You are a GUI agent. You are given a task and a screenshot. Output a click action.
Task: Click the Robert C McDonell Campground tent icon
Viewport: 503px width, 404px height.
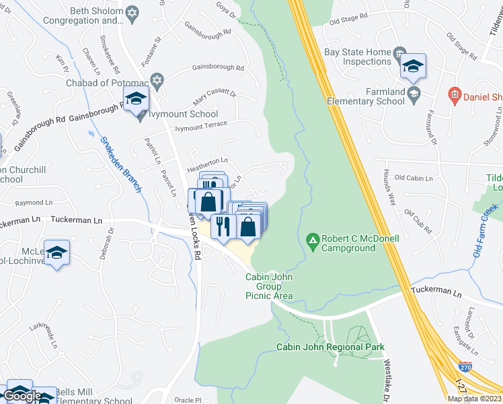[x=312, y=239]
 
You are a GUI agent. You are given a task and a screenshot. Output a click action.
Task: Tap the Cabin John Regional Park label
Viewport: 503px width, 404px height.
[x=330, y=347]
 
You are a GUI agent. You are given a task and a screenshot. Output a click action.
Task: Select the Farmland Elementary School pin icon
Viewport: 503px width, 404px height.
[x=413, y=92]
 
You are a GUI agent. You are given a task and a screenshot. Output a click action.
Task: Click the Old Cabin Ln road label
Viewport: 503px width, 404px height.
[x=414, y=178]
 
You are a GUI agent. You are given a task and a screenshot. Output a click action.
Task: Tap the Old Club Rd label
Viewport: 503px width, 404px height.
[x=418, y=221]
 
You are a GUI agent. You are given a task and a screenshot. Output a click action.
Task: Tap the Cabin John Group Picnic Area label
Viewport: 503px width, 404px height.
[x=269, y=286]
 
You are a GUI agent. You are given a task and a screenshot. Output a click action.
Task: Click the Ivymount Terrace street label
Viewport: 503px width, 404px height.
[x=202, y=126]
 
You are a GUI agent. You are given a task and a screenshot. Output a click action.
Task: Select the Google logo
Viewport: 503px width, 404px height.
[x=22, y=396]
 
